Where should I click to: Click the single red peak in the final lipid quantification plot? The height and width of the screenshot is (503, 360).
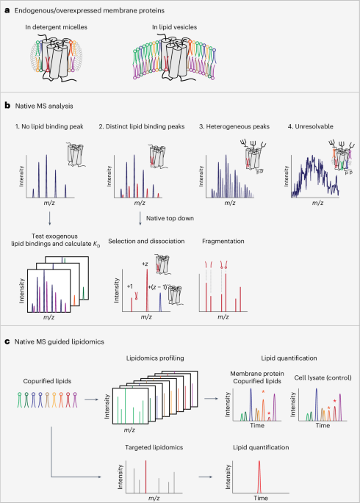tap(259, 472)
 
